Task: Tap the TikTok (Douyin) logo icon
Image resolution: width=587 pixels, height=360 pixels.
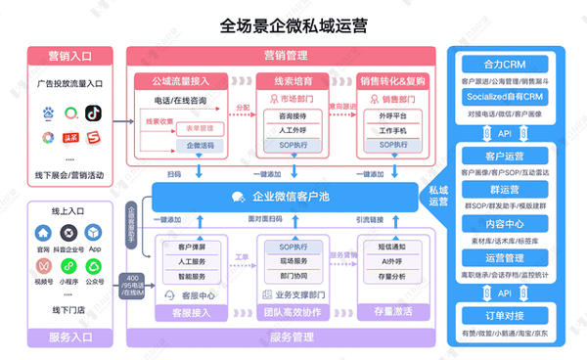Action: click(94, 114)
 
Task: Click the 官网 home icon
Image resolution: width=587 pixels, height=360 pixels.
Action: click(43, 235)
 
